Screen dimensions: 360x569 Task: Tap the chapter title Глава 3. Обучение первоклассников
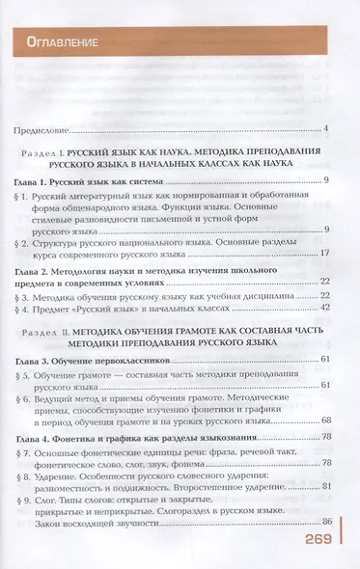(93, 360)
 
